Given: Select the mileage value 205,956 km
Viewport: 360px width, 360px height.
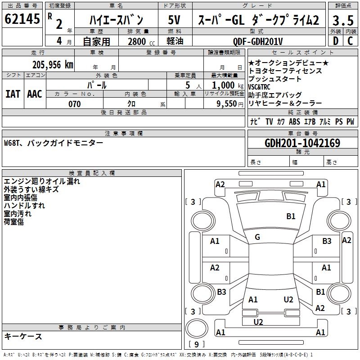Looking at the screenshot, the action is [53, 64].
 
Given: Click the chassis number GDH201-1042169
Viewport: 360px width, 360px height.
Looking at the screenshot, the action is [302, 144].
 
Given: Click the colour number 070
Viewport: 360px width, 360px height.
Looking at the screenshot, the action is [74, 104].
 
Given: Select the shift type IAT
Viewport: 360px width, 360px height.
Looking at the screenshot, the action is [13, 94].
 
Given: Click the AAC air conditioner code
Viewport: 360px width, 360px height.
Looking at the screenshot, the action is [34, 94].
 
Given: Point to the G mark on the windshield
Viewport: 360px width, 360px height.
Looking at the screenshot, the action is [257, 237].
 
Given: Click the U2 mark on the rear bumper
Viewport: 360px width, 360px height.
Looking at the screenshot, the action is [258, 322].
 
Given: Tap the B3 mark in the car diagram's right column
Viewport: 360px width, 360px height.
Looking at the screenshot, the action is [327, 241].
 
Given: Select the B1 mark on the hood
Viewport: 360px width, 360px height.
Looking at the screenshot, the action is [291, 216].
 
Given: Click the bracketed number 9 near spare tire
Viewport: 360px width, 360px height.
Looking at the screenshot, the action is [197, 345].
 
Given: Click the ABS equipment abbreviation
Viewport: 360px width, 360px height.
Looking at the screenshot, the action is [294, 121].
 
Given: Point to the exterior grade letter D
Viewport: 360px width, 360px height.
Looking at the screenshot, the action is [335, 41].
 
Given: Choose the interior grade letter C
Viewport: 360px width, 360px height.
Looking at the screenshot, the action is [350, 41].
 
